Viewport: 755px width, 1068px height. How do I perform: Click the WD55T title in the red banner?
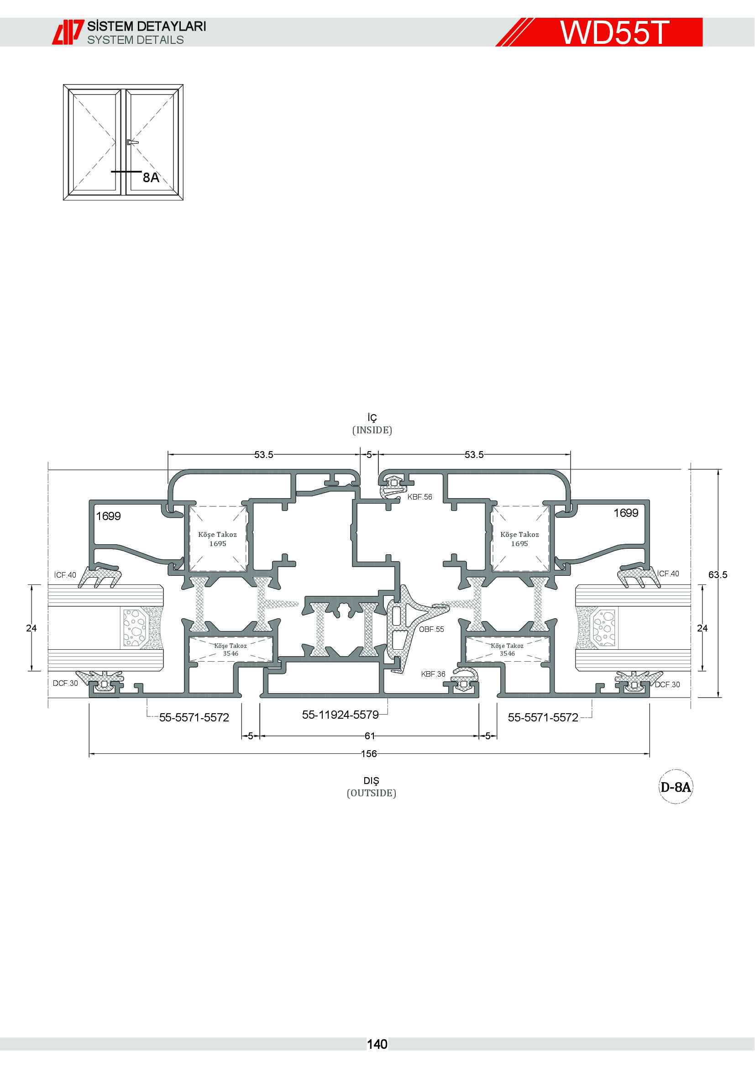(x=614, y=32)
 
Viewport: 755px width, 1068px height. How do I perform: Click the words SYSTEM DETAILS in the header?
(x=135, y=40)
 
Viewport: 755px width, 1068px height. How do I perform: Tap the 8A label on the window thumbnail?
(x=151, y=178)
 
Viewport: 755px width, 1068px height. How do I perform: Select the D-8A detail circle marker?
(x=676, y=787)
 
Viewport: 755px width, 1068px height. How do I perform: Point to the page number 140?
(x=377, y=1044)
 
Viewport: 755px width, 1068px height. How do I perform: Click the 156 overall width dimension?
(x=369, y=753)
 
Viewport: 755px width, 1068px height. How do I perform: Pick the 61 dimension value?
(x=370, y=736)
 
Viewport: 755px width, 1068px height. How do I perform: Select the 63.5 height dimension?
(x=718, y=575)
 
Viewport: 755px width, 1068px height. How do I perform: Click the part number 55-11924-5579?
(x=341, y=715)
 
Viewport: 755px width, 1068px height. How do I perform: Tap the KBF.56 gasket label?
(x=420, y=497)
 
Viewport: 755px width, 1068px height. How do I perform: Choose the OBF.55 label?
(x=431, y=629)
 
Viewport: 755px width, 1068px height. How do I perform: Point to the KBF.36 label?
(x=433, y=674)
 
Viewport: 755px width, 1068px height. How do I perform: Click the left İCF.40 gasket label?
(x=65, y=575)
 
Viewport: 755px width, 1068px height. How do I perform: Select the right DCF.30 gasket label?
(x=668, y=685)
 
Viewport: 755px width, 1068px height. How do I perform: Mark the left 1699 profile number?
(x=108, y=516)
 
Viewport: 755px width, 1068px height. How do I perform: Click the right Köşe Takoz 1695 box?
(x=520, y=539)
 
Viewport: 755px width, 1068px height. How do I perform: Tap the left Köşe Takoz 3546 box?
(x=230, y=649)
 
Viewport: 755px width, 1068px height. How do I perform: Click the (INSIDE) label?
(x=372, y=430)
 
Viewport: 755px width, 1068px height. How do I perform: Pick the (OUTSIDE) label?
(x=372, y=793)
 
